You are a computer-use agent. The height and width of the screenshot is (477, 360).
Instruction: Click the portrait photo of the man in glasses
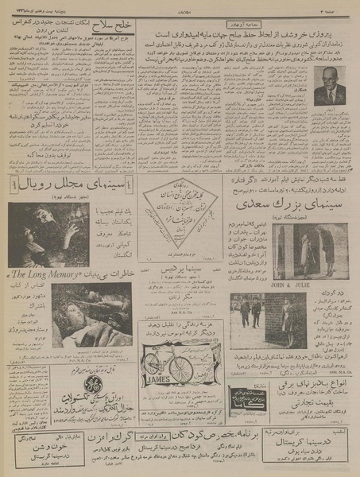(329, 84)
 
